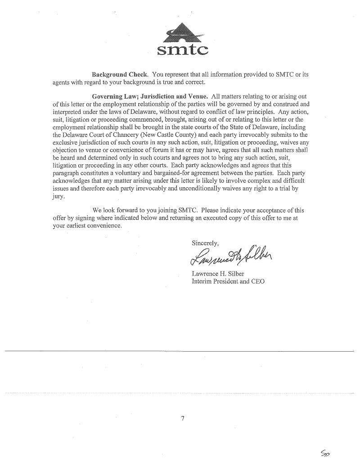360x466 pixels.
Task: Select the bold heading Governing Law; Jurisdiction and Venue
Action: [150, 96]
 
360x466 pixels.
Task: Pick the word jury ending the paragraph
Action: [58, 196]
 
